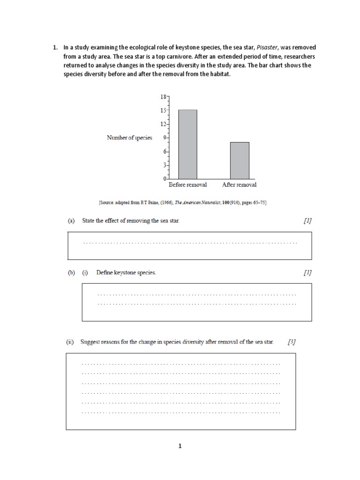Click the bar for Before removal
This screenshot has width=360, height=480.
(x=187, y=144)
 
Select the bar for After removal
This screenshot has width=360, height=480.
(x=240, y=160)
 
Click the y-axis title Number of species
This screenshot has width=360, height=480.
(x=129, y=138)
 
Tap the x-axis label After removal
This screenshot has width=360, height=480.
(x=239, y=185)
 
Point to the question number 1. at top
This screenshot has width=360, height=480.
(x=55, y=47)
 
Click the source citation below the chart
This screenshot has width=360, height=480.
(x=182, y=202)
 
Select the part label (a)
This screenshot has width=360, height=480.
(x=71, y=221)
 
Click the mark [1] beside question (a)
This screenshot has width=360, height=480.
(x=307, y=221)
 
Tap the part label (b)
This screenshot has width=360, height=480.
(x=71, y=272)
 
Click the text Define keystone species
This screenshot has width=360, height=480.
(x=126, y=272)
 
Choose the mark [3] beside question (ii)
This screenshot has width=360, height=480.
(x=292, y=342)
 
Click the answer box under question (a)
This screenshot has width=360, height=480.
(x=190, y=245)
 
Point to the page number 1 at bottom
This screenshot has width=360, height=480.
(x=180, y=446)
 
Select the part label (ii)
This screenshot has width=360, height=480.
(x=70, y=342)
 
